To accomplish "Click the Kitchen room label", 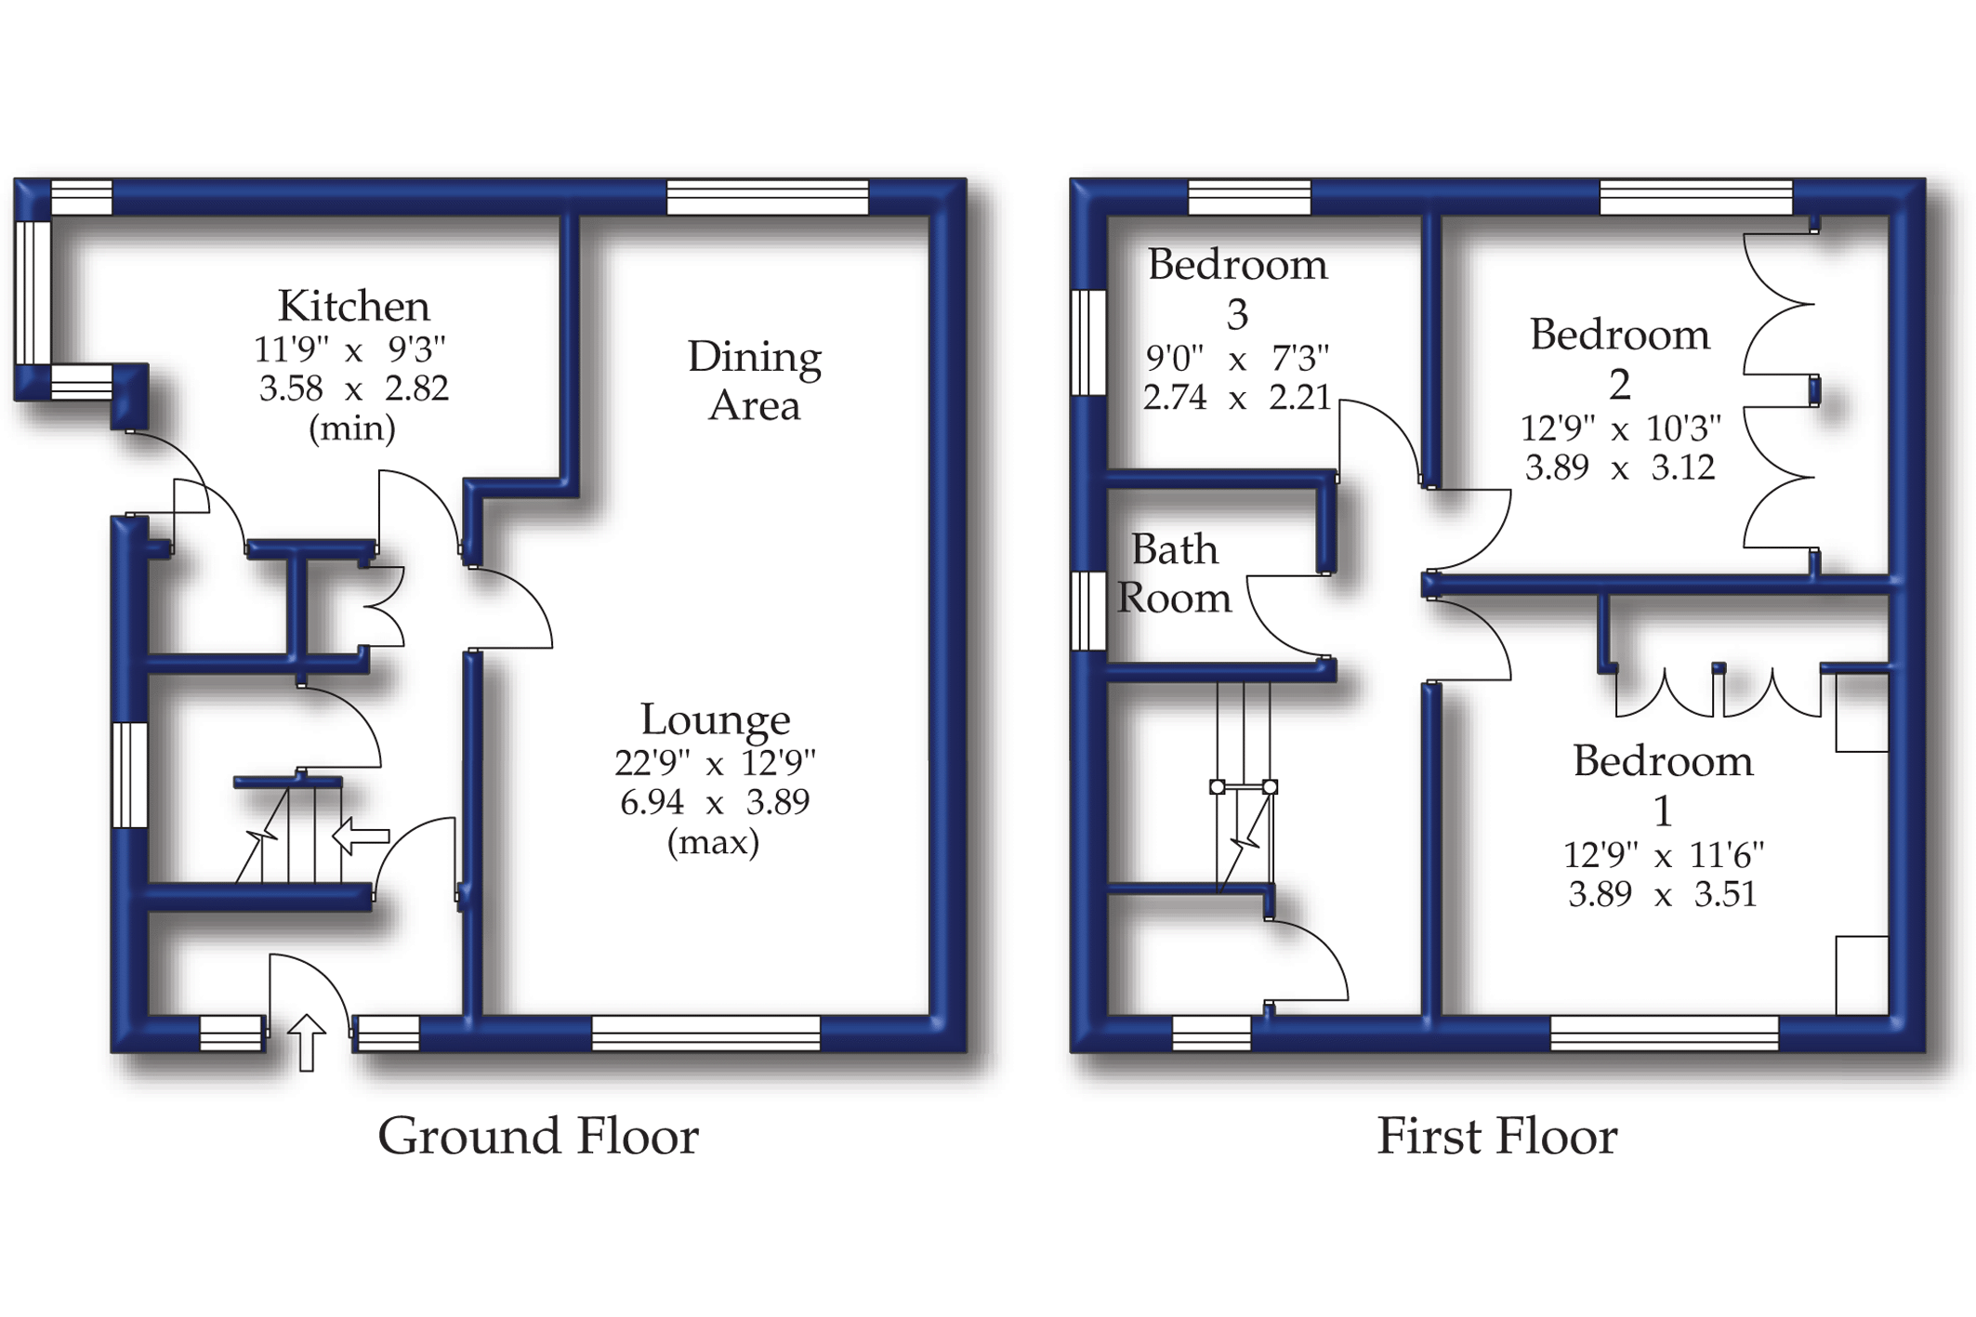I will coord(353,306).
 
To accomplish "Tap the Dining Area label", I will coord(754,381).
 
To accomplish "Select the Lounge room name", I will coord(715,719).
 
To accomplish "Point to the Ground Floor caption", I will coord(537,1137).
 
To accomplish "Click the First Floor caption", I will coord(1496,1137).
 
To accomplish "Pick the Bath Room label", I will coord(1174,573).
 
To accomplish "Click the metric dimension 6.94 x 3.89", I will coord(715,801).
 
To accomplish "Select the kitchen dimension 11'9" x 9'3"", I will coord(350,349).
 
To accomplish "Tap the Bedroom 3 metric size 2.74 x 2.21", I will coord(1236,398).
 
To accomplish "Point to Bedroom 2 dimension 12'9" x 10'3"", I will coord(1620,428).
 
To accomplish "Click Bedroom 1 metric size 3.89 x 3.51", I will coord(1662,894).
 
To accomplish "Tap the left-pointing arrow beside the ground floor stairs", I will coord(361,836).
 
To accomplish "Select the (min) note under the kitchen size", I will coord(351,428).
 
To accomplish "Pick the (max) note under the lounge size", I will coord(713,842).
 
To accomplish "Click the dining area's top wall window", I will coord(768,198).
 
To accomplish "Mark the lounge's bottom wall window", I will coord(706,1033).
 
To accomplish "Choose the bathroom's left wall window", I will coord(1088,611).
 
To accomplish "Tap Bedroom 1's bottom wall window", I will coord(1665,1033).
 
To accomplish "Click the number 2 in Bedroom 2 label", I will coord(1620,385).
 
